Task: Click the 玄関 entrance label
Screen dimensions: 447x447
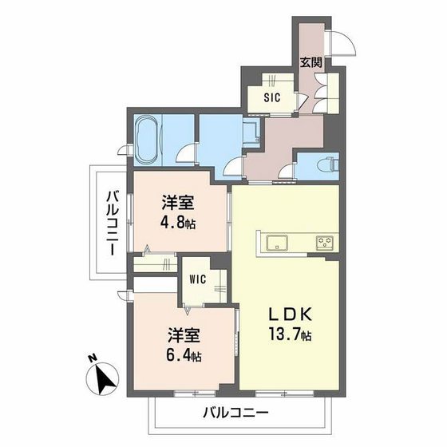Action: (310, 61)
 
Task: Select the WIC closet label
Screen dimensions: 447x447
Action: (199, 280)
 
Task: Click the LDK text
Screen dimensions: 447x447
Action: (283, 314)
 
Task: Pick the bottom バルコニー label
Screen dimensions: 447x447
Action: (235, 413)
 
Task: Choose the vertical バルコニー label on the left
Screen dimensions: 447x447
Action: (113, 223)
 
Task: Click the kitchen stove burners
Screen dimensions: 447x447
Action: (324, 243)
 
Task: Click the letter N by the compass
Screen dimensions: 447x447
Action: (93, 358)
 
